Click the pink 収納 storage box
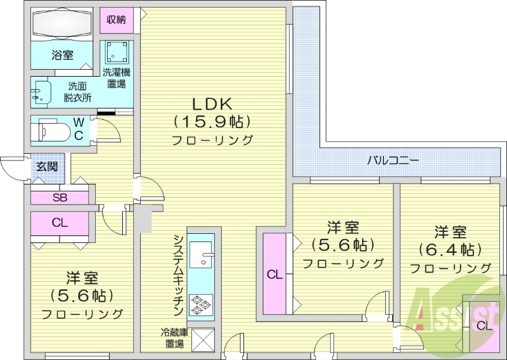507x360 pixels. tap(116, 20)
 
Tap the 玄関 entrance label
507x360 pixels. tap(46, 167)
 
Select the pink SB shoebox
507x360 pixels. tap(60, 197)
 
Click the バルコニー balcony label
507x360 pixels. tap(393, 160)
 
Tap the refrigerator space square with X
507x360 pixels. tap(203, 340)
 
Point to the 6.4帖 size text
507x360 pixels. tap(450, 248)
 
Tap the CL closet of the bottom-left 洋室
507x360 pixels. tap(60, 222)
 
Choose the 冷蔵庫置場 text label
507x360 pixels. tap(175, 338)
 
